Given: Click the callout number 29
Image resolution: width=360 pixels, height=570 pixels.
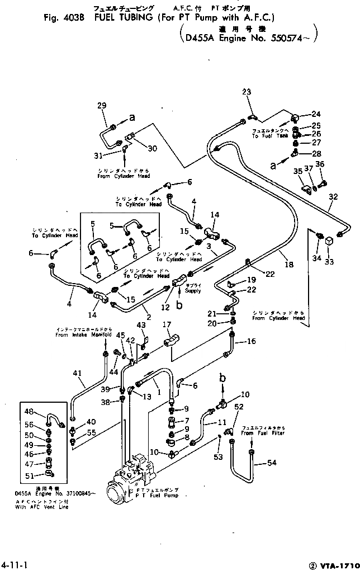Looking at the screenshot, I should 101,106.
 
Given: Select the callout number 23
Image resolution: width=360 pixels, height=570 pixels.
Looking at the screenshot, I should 247,92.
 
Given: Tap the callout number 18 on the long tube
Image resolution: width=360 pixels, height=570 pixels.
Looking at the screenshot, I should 288,265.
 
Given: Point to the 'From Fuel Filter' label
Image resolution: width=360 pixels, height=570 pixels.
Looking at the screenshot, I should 263,433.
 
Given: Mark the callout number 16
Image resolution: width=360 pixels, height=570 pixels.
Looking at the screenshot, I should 252,342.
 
